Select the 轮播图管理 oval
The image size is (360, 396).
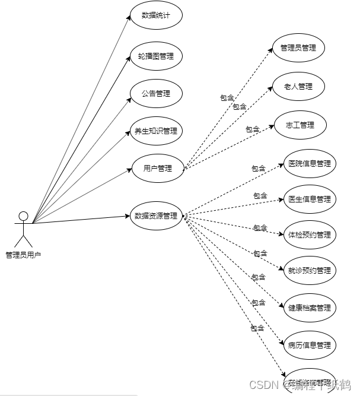pos(156,56)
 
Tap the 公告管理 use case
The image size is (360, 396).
pos(156,93)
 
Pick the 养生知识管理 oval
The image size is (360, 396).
pos(156,131)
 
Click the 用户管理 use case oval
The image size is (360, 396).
pos(157,168)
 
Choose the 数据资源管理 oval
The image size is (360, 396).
pos(156,216)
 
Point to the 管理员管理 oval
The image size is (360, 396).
pos(298,48)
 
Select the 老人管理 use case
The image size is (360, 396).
pos(298,87)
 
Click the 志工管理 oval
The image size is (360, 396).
pos(300,125)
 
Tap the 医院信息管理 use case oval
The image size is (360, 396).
pos(309,164)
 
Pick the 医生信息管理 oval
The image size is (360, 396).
pos(309,199)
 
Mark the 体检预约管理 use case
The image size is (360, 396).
pos(309,235)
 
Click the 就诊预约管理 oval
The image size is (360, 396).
pos(309,271)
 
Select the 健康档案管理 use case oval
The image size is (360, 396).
pos(309,308)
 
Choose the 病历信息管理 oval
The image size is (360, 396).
pos(309,345)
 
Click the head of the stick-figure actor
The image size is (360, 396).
pos(23,216)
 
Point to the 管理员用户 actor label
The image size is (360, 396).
pos(23,255)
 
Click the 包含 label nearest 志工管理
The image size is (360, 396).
pos(253,129)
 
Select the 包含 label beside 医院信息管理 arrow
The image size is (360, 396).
pos(258,169)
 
